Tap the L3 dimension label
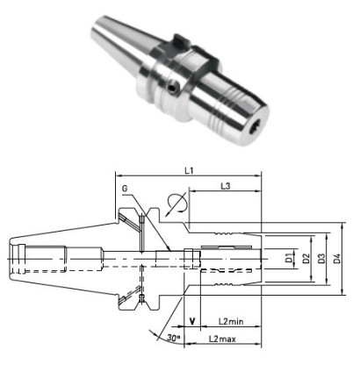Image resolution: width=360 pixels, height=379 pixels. [225, 187]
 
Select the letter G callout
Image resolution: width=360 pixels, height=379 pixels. [125, 188]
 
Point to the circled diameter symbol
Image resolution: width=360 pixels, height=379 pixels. [175, 203]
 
